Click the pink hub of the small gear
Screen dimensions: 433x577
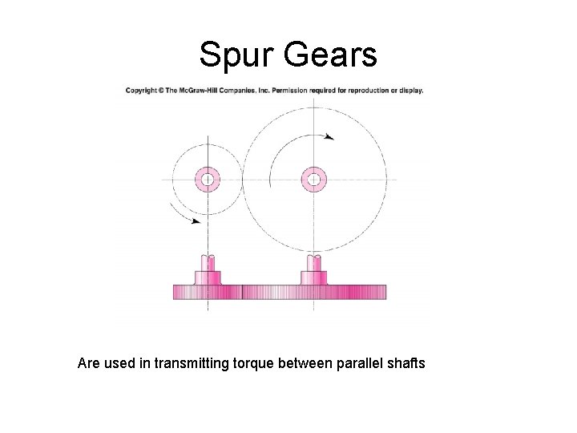coord(208,180)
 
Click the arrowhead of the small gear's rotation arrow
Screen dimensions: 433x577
coord(196,221)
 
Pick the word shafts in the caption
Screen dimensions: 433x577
coord(406,364)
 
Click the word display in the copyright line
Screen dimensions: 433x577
coord(411,90)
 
